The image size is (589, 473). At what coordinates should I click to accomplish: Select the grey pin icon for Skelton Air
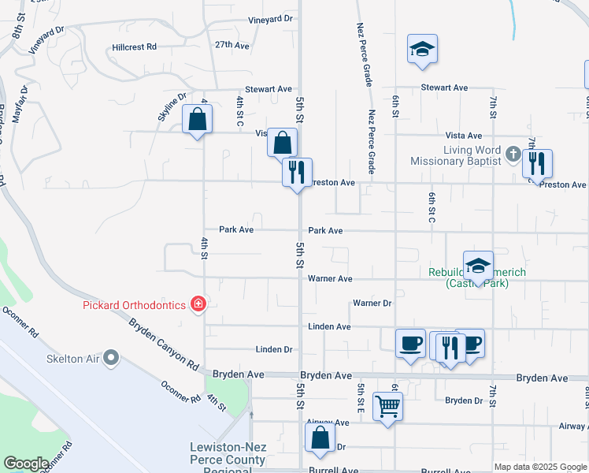tap(111, 359)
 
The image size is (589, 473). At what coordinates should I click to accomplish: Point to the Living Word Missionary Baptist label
tap(456, 155)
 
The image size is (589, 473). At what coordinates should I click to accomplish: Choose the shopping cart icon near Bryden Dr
tap(387, 407)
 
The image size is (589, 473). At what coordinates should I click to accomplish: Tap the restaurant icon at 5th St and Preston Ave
tap(298, 173)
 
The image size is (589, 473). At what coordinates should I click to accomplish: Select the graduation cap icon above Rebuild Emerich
tap(477, 266)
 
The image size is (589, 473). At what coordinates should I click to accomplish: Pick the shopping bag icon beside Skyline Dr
tap(197, 121)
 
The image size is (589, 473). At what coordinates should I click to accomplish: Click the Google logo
tap(26, 464)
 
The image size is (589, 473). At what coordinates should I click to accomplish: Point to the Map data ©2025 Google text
tap(540, 467)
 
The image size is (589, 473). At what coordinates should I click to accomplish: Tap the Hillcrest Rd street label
tap(134, 47)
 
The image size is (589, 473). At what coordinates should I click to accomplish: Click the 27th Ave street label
tap(232, 45)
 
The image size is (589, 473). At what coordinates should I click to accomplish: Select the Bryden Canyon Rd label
tap(164, 344)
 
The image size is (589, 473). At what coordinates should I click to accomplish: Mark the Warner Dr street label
tap(372, 303)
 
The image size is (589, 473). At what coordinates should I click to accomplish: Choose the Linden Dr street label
tap(273, 349)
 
